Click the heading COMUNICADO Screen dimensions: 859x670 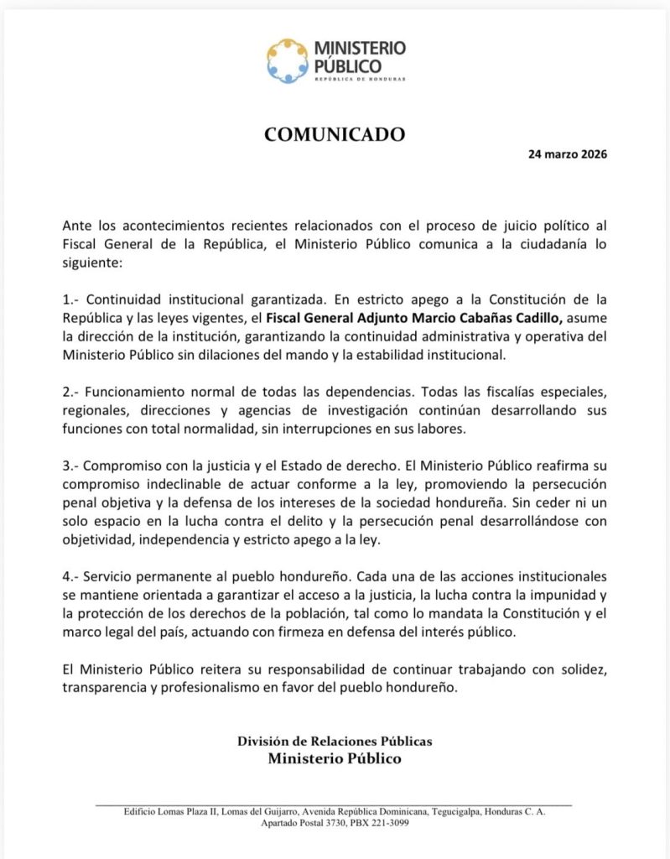pyautogui.click(x=335, y=134)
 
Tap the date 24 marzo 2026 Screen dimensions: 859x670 pyautogui.click(x=568, y=154)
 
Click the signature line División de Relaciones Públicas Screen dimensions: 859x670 pyautogui.click(x=335, y=741)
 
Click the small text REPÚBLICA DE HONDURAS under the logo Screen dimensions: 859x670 pyautogui.click(x=360, y=79)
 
